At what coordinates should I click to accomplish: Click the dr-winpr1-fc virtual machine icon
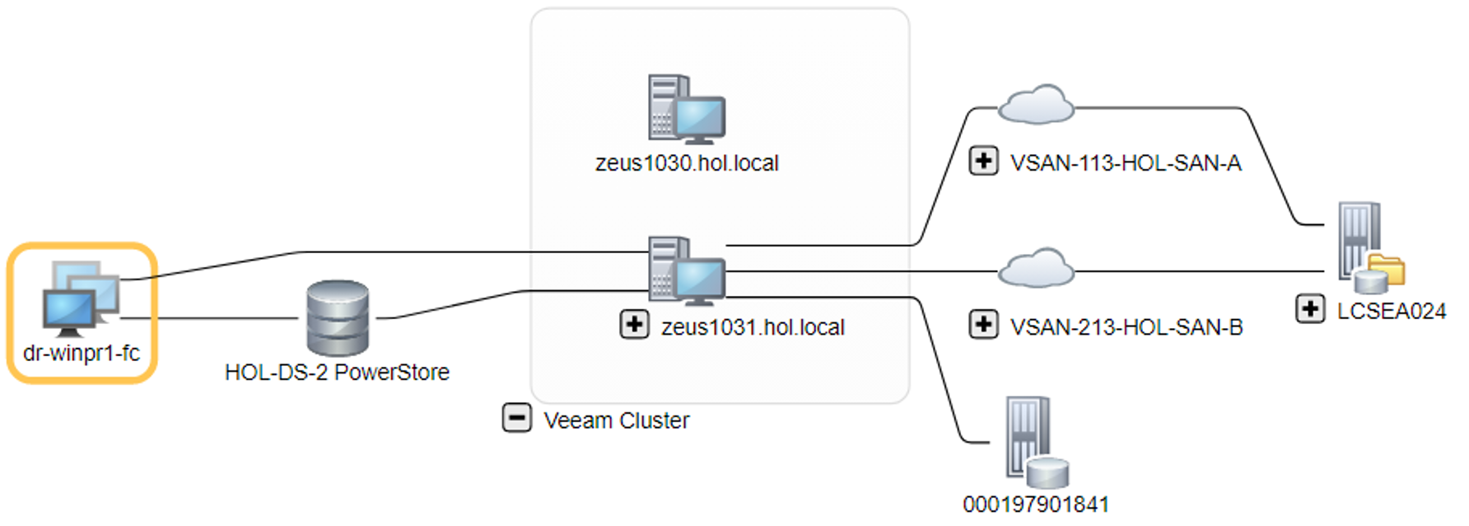click(x=81, y=298)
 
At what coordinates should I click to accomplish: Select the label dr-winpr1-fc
click(x=82, y=353)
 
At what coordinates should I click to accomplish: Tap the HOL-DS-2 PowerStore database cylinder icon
click(x=338, y=318)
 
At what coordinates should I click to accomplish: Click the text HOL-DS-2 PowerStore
click(x=337, y=373)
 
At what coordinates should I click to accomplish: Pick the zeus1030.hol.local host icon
click(x=686, y=109)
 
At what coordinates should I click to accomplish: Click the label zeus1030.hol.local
click(x=687, y=163)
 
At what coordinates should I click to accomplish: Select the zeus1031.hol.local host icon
click(x=686, y=270)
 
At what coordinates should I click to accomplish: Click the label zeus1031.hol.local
click(x=753, y=327)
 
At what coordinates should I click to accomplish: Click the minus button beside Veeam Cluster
click(x=516, y=418)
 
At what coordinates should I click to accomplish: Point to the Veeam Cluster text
click(x=616, y=420)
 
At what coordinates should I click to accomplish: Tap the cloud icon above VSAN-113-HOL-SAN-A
click(x=1036, y=105)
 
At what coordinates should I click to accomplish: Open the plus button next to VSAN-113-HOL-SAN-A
click(x=983, y=161)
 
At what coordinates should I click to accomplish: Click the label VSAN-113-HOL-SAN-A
click(x=1126, y=163)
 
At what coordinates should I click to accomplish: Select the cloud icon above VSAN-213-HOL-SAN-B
click(x=1036, y=268)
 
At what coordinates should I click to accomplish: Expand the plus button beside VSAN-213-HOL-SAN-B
click(x=983, y=324)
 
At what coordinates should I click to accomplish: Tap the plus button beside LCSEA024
click(x=1309, y=309)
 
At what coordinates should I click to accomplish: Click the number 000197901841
click(x=1035, y=504)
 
